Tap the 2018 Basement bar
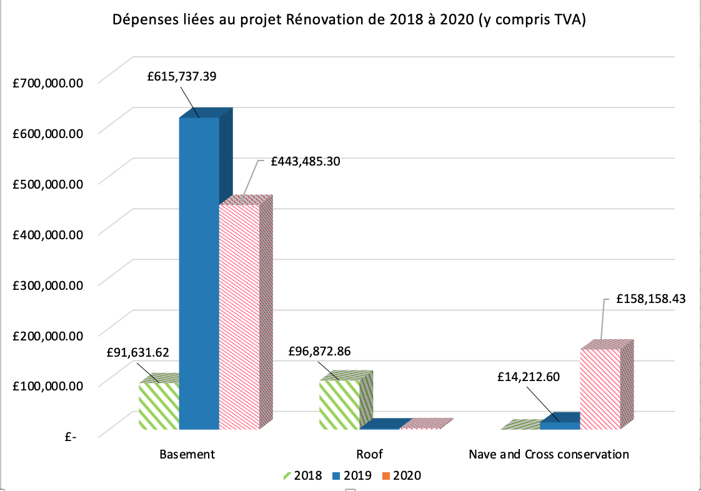(x=159, y=406)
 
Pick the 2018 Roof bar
(x=339, y=404)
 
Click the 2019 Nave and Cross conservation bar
(x=560, y=425)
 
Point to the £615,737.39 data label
(x=182, y=77)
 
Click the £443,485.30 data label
(x=306, y=161)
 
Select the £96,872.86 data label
(x=320, y=351)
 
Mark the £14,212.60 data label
(x=529, y=377)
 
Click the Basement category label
(x=187, y=454)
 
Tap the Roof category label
(x=369, y=454)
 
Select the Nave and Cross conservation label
(x=549, y=454)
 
